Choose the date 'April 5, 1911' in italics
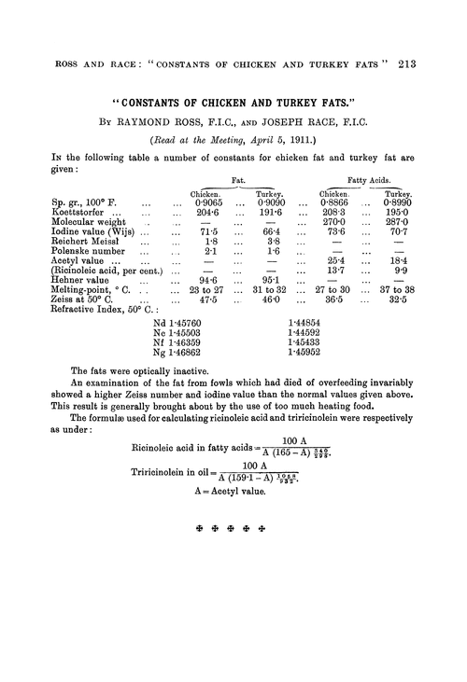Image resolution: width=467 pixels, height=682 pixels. (276, 144)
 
